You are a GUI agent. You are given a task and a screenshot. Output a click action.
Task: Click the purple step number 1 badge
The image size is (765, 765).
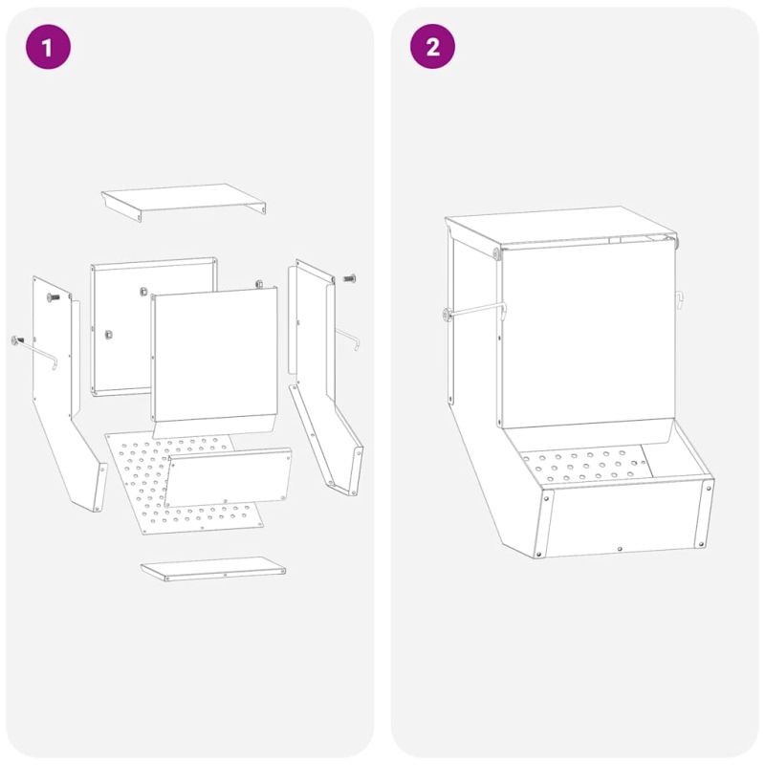[x=48, y=47]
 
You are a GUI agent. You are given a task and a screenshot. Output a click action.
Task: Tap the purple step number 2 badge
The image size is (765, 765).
[x=432, y=46]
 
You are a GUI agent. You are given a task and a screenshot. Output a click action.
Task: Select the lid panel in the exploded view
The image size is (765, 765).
[x=184, y=202]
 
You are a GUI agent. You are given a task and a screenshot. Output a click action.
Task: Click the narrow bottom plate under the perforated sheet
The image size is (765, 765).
[x=213, y=569]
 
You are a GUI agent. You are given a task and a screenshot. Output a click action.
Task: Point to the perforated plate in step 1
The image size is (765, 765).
[x=184, y=483]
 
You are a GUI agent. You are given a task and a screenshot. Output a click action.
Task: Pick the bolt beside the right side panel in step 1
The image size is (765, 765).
[x=349, y=278]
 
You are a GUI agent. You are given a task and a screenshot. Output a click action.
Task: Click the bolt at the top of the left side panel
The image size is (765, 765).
[x=54, y=297]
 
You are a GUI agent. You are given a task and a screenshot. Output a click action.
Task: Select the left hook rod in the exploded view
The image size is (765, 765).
[x=34, y=351]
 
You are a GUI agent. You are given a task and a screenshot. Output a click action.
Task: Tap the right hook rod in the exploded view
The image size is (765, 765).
[x=348, y=339]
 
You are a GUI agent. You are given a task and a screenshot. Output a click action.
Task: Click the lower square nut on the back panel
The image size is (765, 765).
[x=109, y=334]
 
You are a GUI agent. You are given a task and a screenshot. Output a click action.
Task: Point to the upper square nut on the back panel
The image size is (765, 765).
[x=143, y=292]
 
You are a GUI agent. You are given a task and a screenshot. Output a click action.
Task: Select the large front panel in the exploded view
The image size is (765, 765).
[x=214, y=361]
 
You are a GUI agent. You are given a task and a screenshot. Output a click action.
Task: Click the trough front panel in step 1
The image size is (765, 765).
[x=228, y=477]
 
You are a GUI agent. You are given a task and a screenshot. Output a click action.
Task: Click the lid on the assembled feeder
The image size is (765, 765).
[x=561, y=229]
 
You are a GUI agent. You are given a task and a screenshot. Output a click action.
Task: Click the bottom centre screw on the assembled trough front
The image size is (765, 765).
[x=620, y=549]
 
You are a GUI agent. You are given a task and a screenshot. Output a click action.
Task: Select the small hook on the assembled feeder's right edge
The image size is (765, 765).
[x=679, y=300]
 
